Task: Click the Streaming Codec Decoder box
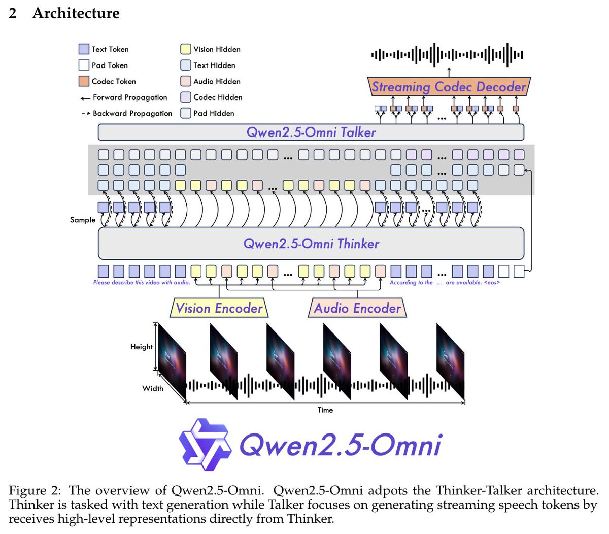pyautogui.click(x=449, y=87)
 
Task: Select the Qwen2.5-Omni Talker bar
pyautogui.click(x=311, y=132)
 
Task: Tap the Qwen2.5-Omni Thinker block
pyautogui.click(x=311, y=244)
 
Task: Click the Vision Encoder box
pyautogui.click(x=219, y=308)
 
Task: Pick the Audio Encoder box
pyautogui.click(x=357, y=308)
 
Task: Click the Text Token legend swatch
pyautogui.click(x=84, y=49)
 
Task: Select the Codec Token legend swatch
pyautogui.click(x=84, y=81)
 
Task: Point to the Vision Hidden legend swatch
pyautogui.click(x=185, y=49)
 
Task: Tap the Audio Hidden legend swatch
pyautogui.click(x=185, y=81)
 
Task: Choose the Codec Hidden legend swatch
pyautogui.click(x=185, y=97)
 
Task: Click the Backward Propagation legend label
pyautogui.click(x=132, y=113)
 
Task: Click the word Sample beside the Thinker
pyautogui.click(x=83, y=220)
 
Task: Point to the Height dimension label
pyautogui.click(x=141, y=347)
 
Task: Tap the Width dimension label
pyautogui.click(x=152, y=388)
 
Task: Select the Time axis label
pyautogui.click(x=325, y=410)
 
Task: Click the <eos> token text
pyautogui.click(x=492, y=283)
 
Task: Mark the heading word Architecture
pyautogui.click(x=76, y=13)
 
